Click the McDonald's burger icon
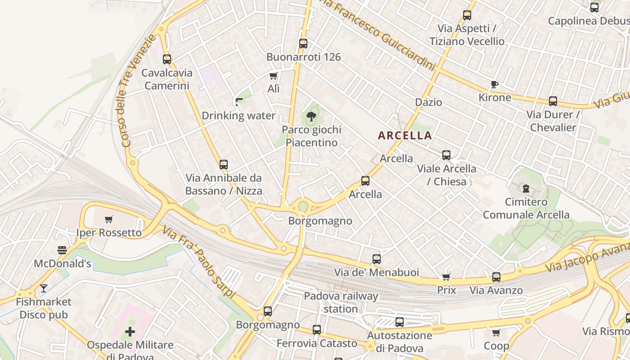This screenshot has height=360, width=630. pos(62,250)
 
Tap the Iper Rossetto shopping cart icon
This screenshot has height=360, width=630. pos(108,220)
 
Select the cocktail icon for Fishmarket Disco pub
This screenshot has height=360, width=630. pos(44,288)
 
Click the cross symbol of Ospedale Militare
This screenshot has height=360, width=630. pos(130,332)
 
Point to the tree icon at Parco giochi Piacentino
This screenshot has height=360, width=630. pos(310,117)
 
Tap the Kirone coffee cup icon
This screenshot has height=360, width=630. pos(494,85)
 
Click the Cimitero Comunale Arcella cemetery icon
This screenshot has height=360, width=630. pos(526,189)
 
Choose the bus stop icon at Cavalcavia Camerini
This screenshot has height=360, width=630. pos(167,59)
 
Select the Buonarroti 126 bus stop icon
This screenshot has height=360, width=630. pos(303,44)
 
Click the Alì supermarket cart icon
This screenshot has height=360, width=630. pos(273,76)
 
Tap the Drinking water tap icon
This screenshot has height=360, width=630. pos(238,102)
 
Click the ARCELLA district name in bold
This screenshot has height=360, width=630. pos(405,135)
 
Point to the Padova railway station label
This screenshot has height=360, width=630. pos(341,302)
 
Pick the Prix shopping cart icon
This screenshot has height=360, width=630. pos(446,277)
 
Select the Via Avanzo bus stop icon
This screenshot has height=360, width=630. pos(496,277)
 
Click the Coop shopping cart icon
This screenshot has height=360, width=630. pos(496,333)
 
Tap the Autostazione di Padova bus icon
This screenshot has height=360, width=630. pos(399,322)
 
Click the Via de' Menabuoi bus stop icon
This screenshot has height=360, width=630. pos(377,259)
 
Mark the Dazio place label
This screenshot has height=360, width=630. pos(428,102)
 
